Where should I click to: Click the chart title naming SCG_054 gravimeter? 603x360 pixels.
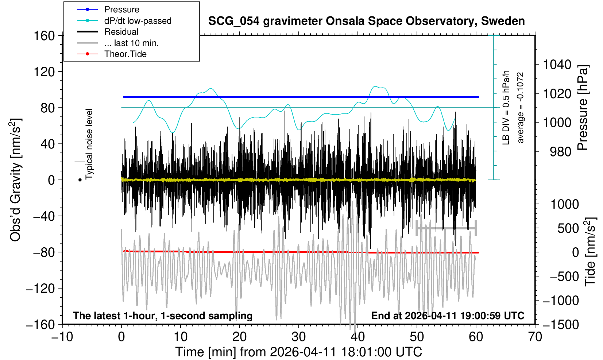(366, 21)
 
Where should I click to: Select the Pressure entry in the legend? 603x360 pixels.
(121, 9)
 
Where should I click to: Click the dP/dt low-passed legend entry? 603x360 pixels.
(138, 21)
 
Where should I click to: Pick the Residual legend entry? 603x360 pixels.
(121, 32)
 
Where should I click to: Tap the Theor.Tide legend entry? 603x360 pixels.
(125, 54)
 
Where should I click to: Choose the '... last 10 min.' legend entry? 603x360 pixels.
(131, 43)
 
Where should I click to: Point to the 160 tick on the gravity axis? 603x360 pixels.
(44, 36)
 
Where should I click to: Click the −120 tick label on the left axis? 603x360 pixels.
(40, 289)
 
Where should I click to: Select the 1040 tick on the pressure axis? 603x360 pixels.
(557, 65)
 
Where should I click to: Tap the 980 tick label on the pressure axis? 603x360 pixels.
(560, 151)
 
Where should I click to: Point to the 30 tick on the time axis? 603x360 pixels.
(298, 337)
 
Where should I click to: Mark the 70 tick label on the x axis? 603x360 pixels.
(535, 337)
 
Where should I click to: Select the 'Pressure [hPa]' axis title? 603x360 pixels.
(583, 108)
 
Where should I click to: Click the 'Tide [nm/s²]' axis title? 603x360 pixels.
(591, 252)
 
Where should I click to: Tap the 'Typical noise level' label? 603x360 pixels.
(89, 144)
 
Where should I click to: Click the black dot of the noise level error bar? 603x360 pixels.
(80, 180)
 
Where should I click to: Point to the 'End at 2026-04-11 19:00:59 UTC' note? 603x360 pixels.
(448, 316)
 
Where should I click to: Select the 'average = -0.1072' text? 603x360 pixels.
(521, 108)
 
